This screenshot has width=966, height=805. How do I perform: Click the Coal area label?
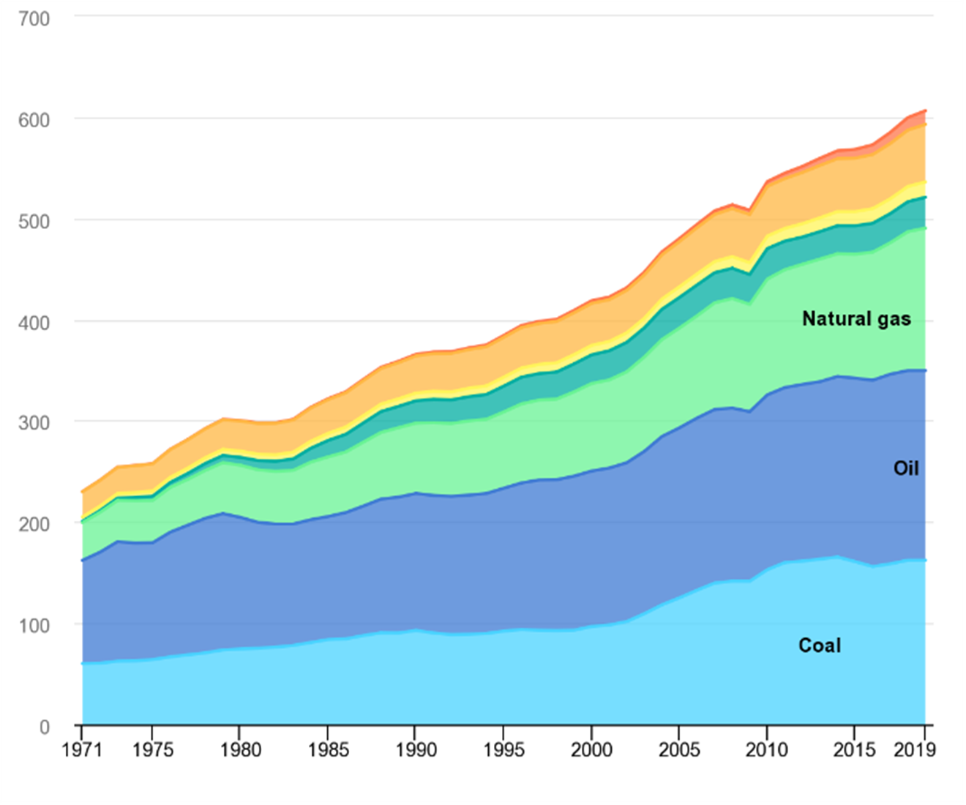(x=819, y=645)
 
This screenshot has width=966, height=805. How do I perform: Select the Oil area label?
(x=905, y=468)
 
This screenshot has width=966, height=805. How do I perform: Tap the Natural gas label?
(x=856, y=319)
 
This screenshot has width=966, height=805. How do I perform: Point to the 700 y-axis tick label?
(x=34, y=19)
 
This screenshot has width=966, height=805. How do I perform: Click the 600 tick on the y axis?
(x=34, y=120)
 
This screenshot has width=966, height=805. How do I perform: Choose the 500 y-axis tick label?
(x=34, y=221)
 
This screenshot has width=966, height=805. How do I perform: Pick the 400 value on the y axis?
(x=34, y=322)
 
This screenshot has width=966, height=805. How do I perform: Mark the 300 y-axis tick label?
(x=34, y=423)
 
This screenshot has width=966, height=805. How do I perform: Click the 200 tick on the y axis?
(x=34, y=524)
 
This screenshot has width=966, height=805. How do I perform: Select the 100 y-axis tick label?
(x=34, y=626)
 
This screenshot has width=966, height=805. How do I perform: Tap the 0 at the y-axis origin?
(x=44, y=727)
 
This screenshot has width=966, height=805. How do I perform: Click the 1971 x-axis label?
(x=82, y=750)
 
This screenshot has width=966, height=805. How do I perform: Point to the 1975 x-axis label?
(x=152, y=750)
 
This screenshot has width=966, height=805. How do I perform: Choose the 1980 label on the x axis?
(x=240, y=750)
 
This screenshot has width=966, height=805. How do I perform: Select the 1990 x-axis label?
(x=416, y=750)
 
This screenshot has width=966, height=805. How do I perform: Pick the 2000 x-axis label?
(x=591, y=750)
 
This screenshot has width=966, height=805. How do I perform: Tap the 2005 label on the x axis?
(x=679, y=750)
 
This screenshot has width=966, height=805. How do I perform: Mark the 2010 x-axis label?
(x=767, y=750)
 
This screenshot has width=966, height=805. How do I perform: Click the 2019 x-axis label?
(x=915, y=750)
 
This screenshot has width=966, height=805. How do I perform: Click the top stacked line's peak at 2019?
(x=925, y=111)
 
